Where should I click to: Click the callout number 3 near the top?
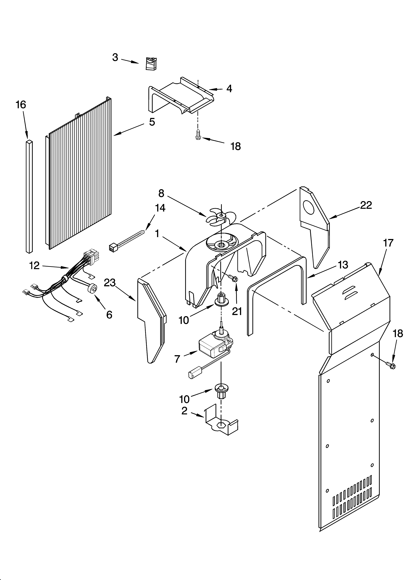115,58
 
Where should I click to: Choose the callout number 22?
366,205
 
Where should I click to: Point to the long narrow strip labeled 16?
29,197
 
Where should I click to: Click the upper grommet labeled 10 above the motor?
220,300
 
